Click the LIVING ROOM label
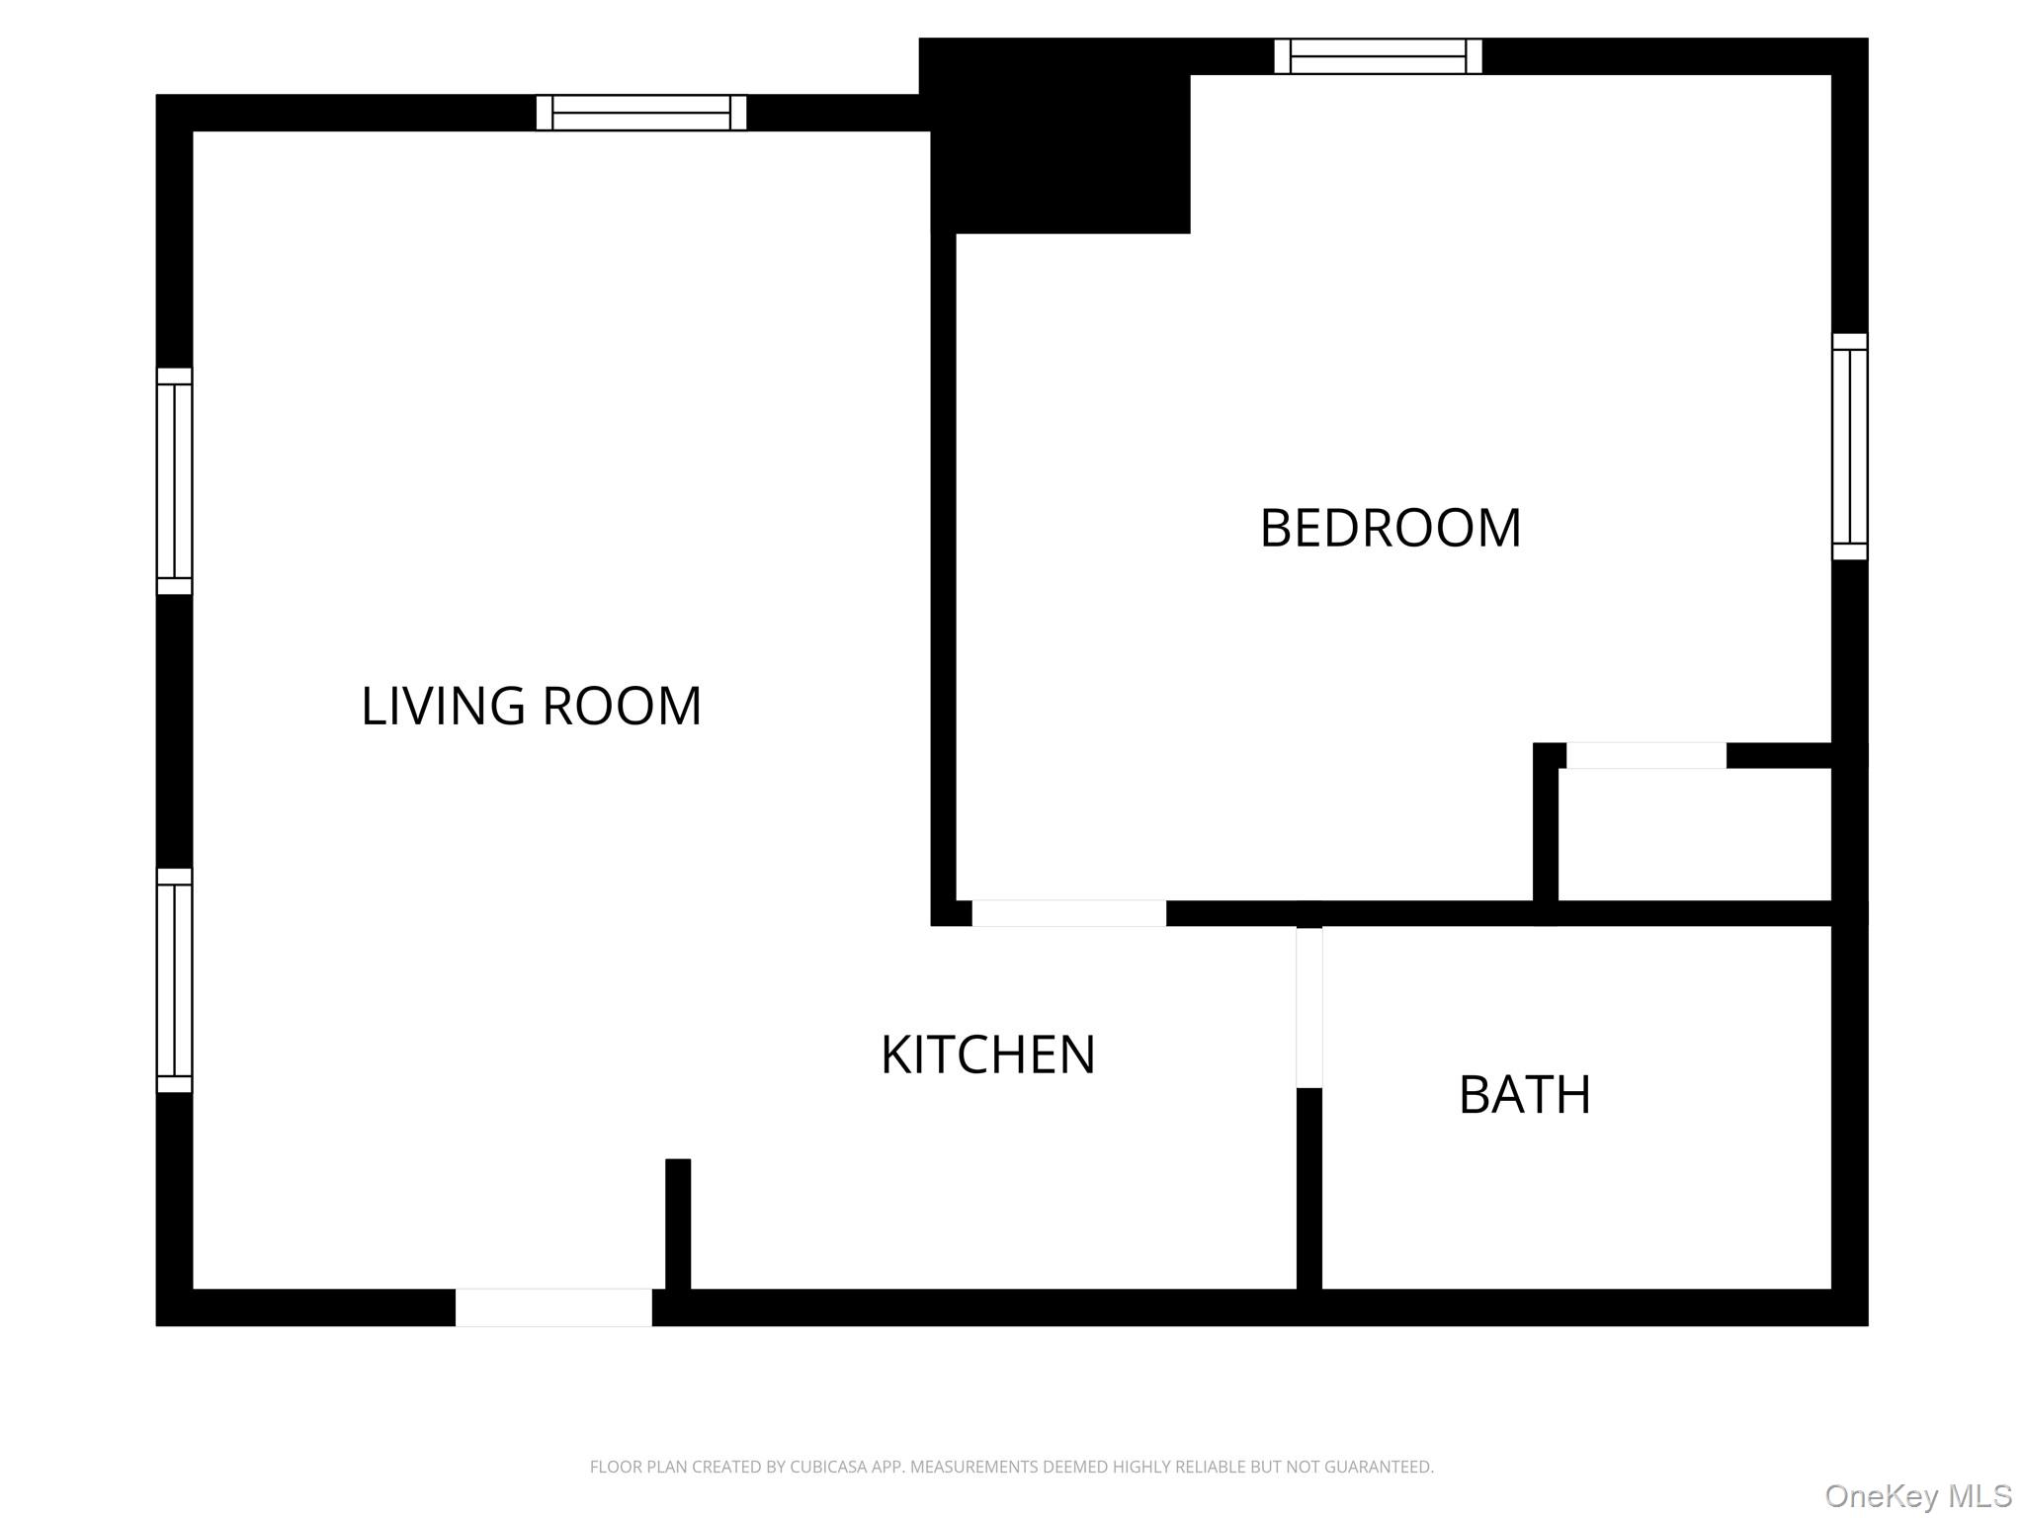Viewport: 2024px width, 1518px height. coord(531,707)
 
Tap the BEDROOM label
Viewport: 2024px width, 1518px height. coord(1390,528)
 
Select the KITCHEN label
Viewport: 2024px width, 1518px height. coord(987,1054)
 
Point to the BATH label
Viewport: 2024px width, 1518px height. coord(1524,1095)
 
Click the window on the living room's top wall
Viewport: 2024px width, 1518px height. coord(640,113)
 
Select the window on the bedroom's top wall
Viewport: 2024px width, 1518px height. coord(1378,56)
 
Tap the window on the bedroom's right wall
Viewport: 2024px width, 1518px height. coord(1849,447)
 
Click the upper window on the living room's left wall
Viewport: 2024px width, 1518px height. coord(174,481)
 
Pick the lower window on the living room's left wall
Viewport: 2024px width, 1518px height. coord(174,980)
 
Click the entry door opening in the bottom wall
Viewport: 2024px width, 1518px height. coord(553,1307)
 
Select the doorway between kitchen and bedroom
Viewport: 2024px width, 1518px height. coord(1068,913)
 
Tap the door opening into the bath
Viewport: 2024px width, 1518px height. coord(1308,1007)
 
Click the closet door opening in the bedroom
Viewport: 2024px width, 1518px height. coord(1645,755)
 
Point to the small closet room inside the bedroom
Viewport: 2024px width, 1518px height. coord(1694,834)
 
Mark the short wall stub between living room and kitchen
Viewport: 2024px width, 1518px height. coord(678,1223)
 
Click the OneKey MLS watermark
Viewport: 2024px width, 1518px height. coord(1918,1496)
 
